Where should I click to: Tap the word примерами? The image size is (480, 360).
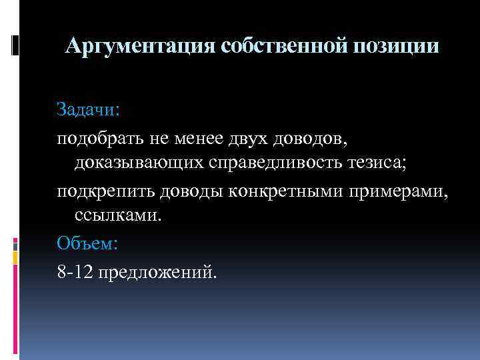coord(399,193)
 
